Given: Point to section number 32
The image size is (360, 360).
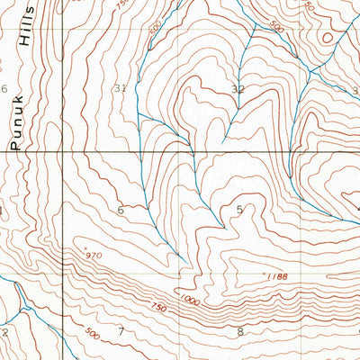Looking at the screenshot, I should (238, 89).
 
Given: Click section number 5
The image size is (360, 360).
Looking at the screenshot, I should (239, 211).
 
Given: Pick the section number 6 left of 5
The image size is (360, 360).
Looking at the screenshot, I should (121, 210).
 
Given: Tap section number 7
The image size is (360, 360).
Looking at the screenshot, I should (121, 332).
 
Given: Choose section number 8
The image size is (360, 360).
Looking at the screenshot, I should (239, 332).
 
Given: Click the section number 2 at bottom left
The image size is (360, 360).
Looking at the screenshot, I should (4, 331).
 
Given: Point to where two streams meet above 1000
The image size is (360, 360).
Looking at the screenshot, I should (184, 262).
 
